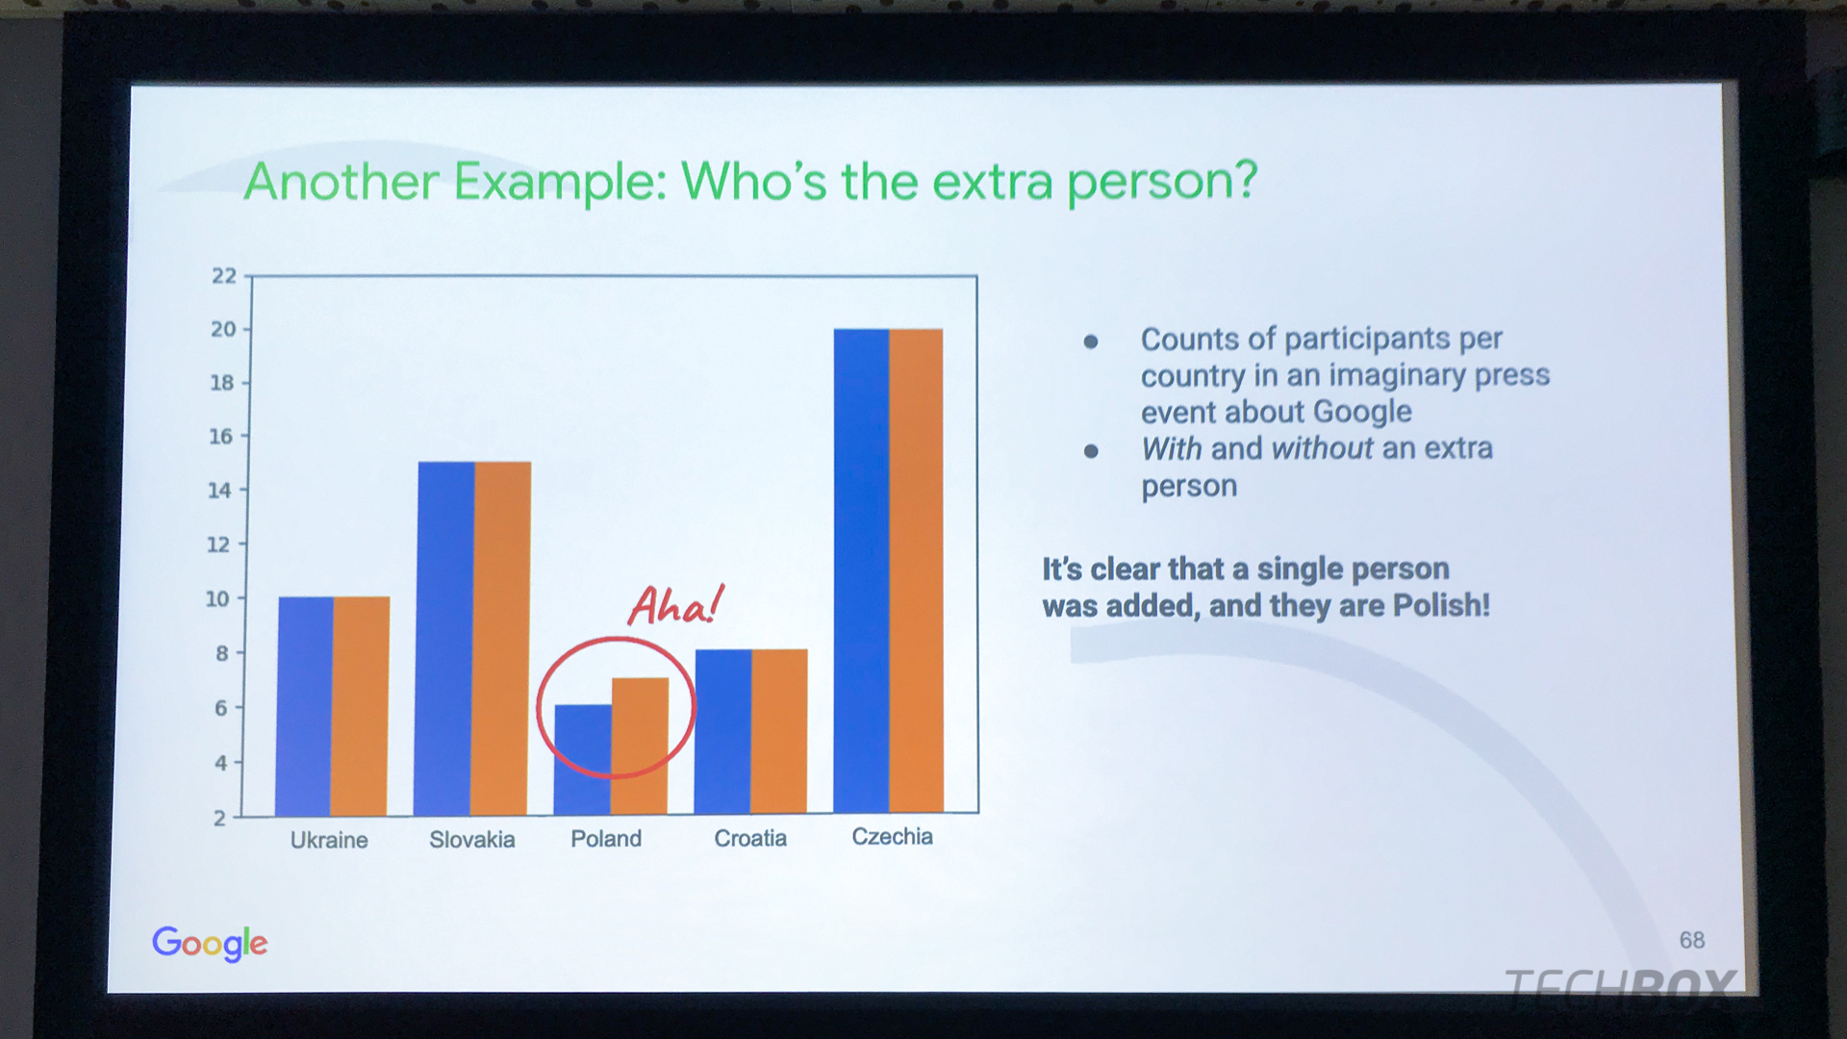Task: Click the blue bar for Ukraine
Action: (x=305, y=706)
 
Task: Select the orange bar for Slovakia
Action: (x=501, y=638)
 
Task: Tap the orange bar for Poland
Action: (x=640, y=746)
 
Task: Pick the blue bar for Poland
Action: (x=583, y=759)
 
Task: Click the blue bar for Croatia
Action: (x=723, y=731)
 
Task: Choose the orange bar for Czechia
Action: (x=916, y=570)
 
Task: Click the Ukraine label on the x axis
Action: (x=329, y=840)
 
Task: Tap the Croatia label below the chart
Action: (x=750, y=838)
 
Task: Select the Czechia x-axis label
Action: (x=892, y=836)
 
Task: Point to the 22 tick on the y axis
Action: (x=224, y=276)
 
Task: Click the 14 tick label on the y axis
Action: (x=220, y=491)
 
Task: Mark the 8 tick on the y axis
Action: (x=222, y=653)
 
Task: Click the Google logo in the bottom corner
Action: (x=210, y=943)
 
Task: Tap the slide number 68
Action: (x=1692, y=940)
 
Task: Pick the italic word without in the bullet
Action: (x=1323, y=448)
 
